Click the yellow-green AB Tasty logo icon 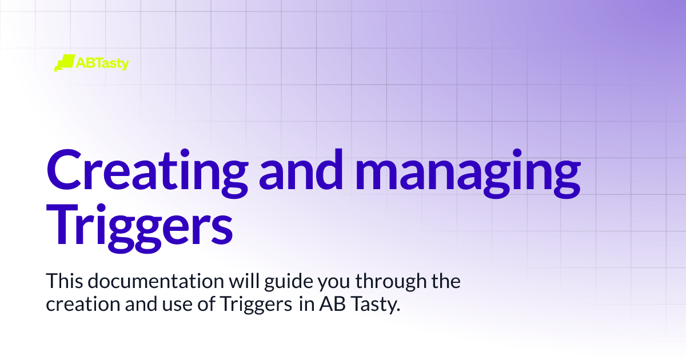(x=65, y=63)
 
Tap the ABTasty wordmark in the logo (x=103, y=63)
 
